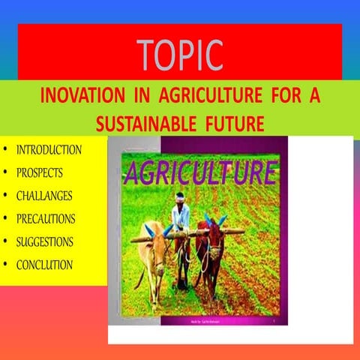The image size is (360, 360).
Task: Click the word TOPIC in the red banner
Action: [180, 53]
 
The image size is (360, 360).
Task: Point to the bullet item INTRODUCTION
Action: [49, 149]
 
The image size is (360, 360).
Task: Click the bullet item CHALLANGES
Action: [45, 195]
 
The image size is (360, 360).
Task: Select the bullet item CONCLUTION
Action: [44, 265]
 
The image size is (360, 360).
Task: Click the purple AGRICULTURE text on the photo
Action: [200, 173]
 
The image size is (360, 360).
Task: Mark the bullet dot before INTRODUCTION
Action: [7, 149]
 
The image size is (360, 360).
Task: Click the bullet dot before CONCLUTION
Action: [7, 265]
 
